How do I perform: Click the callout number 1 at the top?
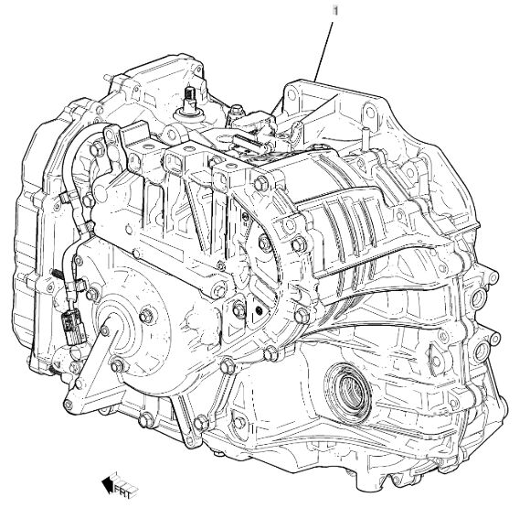click(x=335, y=10)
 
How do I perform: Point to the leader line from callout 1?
click(x=323, y=51)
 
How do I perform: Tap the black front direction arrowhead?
click(x=108, y=483)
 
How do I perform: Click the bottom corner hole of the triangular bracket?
click(x=68, y=404)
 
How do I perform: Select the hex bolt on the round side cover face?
click(x=145, y=316)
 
